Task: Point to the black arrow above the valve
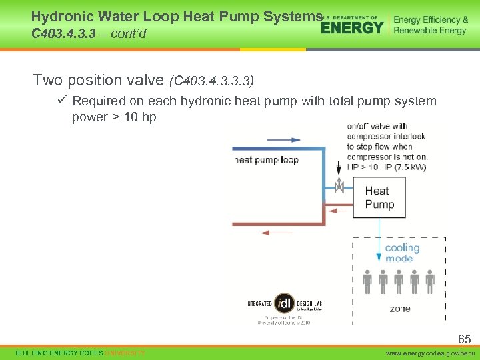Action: pyautogui.click(x=339, y=167)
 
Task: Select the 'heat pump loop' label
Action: pyautogui.click(x=266, y=159)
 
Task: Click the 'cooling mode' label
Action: pyautogui.click(x=402, y=253)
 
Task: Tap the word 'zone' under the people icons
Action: pyautogui.click(x=400, y=309)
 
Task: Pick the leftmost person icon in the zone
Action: pyautogui.click(x=367, y=282)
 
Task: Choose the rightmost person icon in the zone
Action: pyautogui.click(x=430, y=282)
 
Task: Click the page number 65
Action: pyautogui.click(x=464, y=339)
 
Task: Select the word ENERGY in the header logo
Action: pyautogui.click(x=353, y=27)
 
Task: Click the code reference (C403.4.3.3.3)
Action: pyautogui.click(x=211, y=81)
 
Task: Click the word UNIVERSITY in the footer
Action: pyautogui.click(x=125, y=352)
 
